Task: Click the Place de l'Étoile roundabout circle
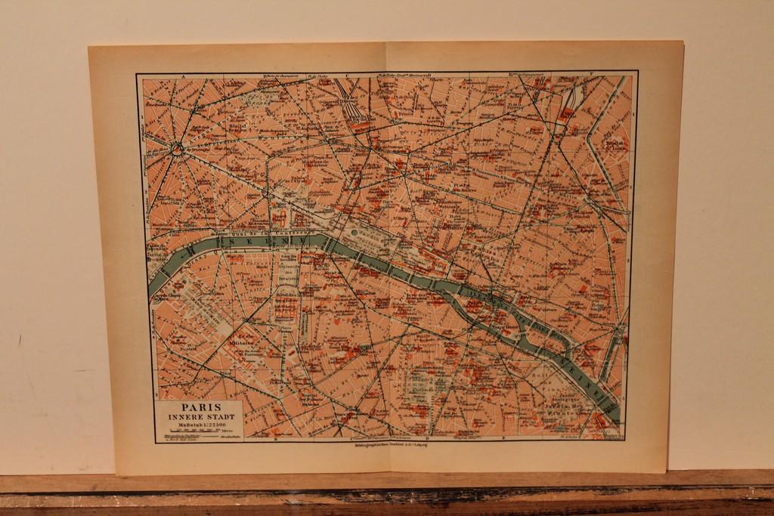click(177, 150)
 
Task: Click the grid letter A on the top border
click(184, 76)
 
